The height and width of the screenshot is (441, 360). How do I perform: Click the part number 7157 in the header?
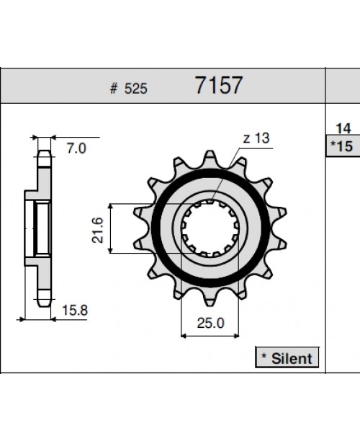pyautogui.click(x=218, y=85)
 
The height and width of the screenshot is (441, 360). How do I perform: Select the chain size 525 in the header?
pyautogui.click(x=136, y=89)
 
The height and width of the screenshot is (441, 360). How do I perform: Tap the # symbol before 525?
pyautogui.click(x=113, y=89)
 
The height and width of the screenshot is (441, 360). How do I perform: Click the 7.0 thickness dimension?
pyautogui.click(x=76, y=148)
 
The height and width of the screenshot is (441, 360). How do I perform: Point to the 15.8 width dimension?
pyautogui.click(x=74, y=311)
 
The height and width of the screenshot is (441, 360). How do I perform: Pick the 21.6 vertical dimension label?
pyautogui.click(x=98, y=230)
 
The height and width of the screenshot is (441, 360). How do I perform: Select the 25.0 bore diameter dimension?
pyautogui.click(x=210, y=323)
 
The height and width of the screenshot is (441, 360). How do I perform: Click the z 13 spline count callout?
pyautogui.click(x=256, y=138)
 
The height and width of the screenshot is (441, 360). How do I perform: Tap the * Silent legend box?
pyautogui.click(x=287, y=357)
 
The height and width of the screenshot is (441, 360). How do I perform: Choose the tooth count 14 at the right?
pyautogui.click(x=343, y=128)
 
